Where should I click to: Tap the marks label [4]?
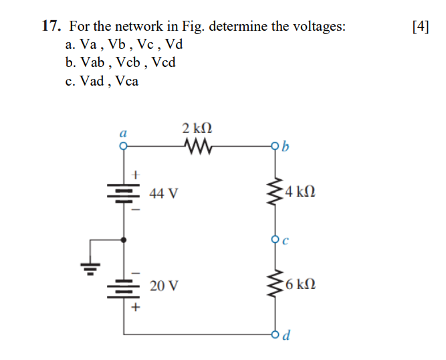(421, 27)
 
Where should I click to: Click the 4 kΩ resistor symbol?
(274, 193)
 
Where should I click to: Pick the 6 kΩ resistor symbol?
(274, 286)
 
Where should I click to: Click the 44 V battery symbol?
(124, 193)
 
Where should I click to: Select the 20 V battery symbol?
(124, 287)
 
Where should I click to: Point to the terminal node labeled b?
(274, 145)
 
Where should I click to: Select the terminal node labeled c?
(274, 240)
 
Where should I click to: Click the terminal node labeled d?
(274, 333)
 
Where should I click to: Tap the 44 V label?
(164, 194)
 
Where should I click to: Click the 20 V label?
(164, 286)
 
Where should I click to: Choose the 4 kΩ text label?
(299, 193)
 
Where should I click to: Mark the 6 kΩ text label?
(299, 286)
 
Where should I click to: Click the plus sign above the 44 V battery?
(134, 174)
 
